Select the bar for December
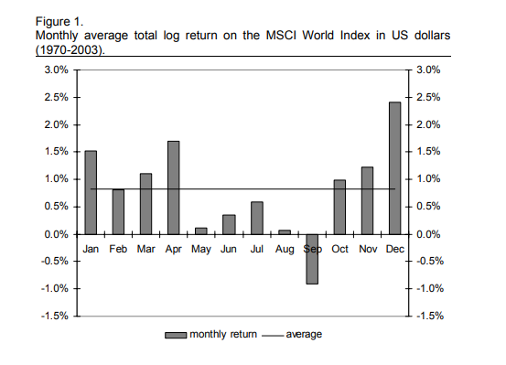[x=395, y=168]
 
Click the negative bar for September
[x=312, y=259]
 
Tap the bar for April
[x=174, y=188]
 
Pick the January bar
[x=91, y=192]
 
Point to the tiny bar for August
[x=285, y=232]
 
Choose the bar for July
[x=257, y=218]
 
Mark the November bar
[x=367, y=200]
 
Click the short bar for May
[x=201, y=231]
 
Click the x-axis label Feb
[x=118, y=249]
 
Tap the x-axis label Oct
[x=339, y=249]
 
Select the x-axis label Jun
[x=229, y=249]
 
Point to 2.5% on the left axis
[x=57, y=97]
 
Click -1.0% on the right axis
[x=430, y=288]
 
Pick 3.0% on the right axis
[x=428, y=70]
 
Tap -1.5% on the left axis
[x=55, y=316]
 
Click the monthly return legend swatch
[x=176, y=336]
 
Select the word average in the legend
[x=304, y=334]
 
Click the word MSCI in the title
[x=281, y=35]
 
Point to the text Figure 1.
[x=59, y=22]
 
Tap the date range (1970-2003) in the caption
[x=70, y=50]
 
